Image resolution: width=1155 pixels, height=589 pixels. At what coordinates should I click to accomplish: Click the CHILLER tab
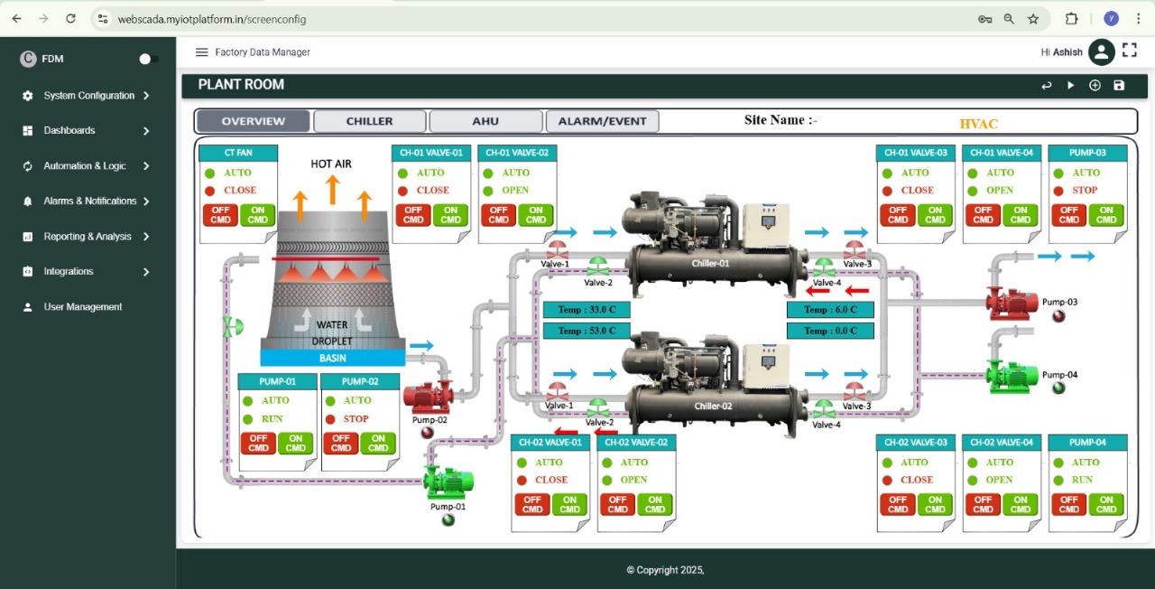pyautogui.click(x=369, y=121)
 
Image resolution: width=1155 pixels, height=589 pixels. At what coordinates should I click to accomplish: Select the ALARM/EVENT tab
pyautogui.click(x=602, y=121)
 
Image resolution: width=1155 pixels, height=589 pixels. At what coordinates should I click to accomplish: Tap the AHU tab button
pyautogui.click(x=485, y=121)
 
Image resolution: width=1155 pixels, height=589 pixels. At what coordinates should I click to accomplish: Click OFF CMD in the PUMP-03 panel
pyautogui.click(x=1068, y=215)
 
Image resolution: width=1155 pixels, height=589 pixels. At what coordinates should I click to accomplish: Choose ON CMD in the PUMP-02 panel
pyautogui.click(x=378, y=444)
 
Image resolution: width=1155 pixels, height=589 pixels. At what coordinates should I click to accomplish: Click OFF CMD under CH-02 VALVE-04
pyautogui.click(x=983, y=504)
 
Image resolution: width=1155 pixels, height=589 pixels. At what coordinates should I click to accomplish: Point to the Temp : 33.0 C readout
pyautogui.click(x=587, y=310)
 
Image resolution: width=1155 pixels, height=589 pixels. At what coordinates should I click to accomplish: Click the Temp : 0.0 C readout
pyautogui.click(x=830, y=331)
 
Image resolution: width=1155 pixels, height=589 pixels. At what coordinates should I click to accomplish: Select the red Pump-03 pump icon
pyautogui.click(x=1012, y=304)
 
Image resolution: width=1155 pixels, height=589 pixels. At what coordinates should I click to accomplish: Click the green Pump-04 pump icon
pyautogui.click(x=1012, y=376)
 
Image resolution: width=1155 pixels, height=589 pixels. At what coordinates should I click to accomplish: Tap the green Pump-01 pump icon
pyautogui.click(x=448, y=481)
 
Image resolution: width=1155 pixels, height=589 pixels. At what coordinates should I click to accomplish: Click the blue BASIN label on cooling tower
pyautogui.click(x=332, y=358)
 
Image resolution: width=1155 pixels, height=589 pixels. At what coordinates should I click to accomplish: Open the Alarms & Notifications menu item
pyautogui.click(x=89, y=201)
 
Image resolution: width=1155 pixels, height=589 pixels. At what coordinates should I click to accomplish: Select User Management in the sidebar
pyautogui.click(x=82, y=307)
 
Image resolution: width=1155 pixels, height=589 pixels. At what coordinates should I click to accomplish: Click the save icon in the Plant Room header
pyautogui.click(x=1119, y=85)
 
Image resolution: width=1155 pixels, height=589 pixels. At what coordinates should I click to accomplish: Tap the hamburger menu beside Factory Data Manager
pyautogui.click(x=201, y=52)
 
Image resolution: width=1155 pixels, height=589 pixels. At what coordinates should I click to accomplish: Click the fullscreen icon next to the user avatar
pyautogui.click(x=1130, y=51)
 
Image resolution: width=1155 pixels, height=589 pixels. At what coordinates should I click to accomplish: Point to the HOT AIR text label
pyautogui.click(x=331, y=164)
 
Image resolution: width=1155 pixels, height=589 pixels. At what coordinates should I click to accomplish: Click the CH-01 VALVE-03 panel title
pyautogui.click(x=915, y=153)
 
